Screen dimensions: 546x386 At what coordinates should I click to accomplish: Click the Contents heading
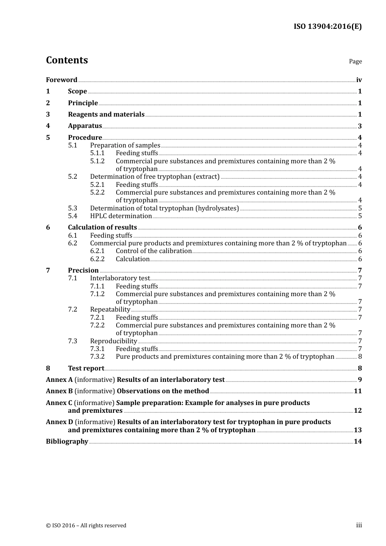(67, 60)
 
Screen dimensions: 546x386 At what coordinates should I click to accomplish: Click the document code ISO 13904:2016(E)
(327, 26)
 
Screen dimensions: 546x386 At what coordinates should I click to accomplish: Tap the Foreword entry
(61, 80)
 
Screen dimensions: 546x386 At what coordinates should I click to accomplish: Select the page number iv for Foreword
(359, 80)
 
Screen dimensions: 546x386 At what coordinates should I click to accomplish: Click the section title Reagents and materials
(106, 115)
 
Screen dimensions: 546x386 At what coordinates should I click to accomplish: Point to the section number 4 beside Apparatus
(48, 126)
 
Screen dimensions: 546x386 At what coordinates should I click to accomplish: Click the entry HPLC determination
(121, 216)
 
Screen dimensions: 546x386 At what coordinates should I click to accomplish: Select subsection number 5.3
(72, 208)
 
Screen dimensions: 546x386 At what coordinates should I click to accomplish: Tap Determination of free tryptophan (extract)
(154, 177)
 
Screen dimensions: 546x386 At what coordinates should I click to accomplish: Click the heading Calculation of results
(102, 227)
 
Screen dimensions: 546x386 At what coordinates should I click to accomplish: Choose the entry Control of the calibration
(154, 251)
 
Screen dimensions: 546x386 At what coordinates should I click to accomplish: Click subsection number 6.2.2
(97, 259)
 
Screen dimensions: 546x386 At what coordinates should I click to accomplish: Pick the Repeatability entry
(110, 310)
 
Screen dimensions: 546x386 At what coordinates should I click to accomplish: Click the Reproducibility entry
(113, 341)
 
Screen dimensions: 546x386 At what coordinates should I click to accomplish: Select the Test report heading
(86, 368)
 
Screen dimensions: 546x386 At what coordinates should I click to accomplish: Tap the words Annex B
(59, 391)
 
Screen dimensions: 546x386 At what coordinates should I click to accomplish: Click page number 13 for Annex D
(358, 430)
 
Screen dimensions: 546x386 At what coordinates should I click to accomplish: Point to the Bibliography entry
(67, 442)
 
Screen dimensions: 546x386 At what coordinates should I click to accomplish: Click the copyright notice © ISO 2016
(86, 526)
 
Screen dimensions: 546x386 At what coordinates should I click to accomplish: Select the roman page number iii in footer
(359, 525)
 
